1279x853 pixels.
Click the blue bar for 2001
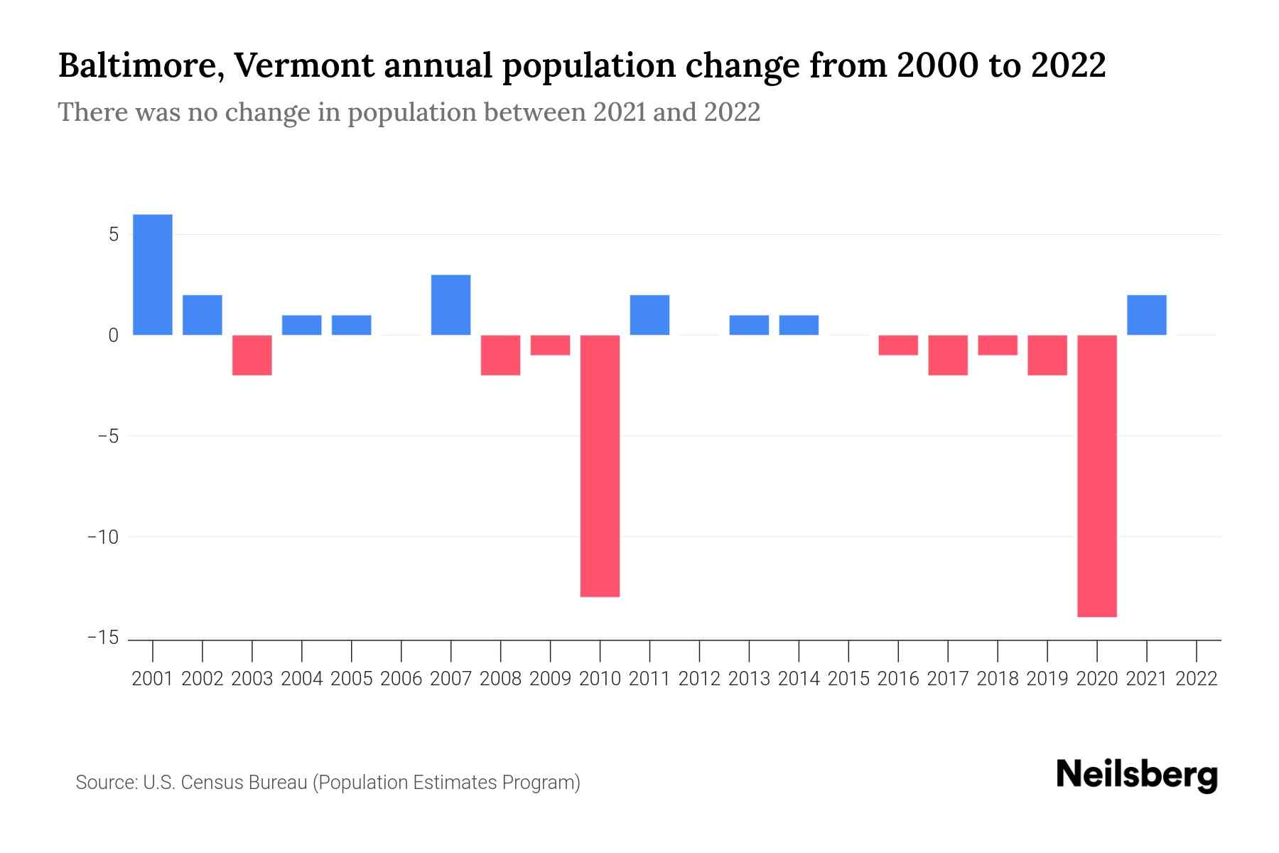click(x=153, y=274)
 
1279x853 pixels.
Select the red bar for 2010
click(x=600, y=466)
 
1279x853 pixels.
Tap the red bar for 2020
click(x=1097, y=476)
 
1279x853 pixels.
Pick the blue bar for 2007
click(x=451, y=304)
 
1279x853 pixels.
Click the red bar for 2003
click(x=252, y=355)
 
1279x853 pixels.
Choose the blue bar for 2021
click(x=1147, y=315)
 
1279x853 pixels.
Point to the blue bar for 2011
click(x=649, y=315)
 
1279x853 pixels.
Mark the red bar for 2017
click(x=948, y=355)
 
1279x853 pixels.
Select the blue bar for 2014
click(x=799, y=325)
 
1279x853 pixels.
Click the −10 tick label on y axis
click(x=102, y=537)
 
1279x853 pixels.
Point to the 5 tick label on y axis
click(x=113, y=235)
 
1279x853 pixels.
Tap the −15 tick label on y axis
click(x=102, y=638)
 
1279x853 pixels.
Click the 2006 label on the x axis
click(x=401, y=679)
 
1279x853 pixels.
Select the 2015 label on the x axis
click(x=848, y=679)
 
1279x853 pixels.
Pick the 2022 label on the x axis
click(x=1197, y=679)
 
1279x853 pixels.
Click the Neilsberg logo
click(x=1137, y=775)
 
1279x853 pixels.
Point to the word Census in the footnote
click(x=207, y=783)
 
